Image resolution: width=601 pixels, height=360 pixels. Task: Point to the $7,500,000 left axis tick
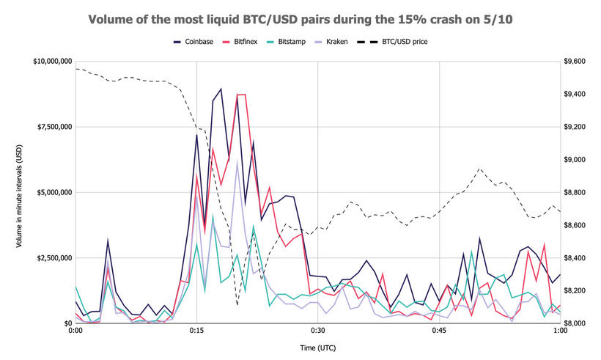pyautogui.click(x=53, y=127)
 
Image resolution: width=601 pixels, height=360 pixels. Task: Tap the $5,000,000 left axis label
pyautogui.click(x=53, y=192)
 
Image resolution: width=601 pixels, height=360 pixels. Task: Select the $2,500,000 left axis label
pyautogui.click(x=53, y=258)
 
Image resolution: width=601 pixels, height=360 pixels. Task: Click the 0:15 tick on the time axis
pyautogui.click(x=196, y=331)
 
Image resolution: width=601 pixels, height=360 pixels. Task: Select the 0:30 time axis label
pyautogui.click(x=317, y=331)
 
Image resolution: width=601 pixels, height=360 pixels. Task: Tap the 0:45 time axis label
pyautogui.click(x=439, y=331)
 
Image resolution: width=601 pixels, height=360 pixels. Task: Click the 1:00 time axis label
pyautogui.click(x=560, y=331)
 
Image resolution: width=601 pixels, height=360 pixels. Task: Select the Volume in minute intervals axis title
pyautogui.click(x=20, y=192)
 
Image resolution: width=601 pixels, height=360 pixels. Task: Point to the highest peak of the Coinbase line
pyautogui.click(x=221, y=89)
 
